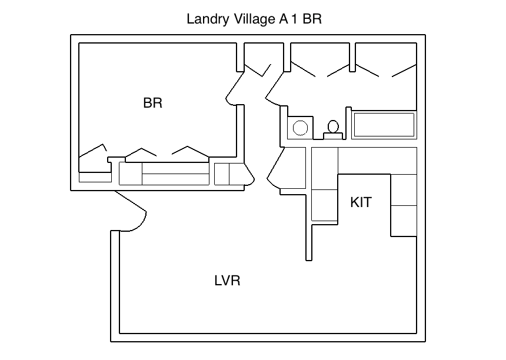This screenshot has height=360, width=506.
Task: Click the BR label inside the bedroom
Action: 152,103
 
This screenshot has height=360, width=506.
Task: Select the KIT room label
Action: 361,202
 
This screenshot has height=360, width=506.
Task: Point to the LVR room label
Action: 227,281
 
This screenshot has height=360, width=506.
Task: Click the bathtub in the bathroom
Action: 384,125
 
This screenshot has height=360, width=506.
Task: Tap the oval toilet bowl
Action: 333,126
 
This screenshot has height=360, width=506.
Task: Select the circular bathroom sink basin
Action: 300,128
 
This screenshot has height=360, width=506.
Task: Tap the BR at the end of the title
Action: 312,19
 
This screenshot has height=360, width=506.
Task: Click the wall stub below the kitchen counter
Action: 308,241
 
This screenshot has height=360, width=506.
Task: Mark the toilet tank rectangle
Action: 333,136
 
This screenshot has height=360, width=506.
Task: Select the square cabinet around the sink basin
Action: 299,127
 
